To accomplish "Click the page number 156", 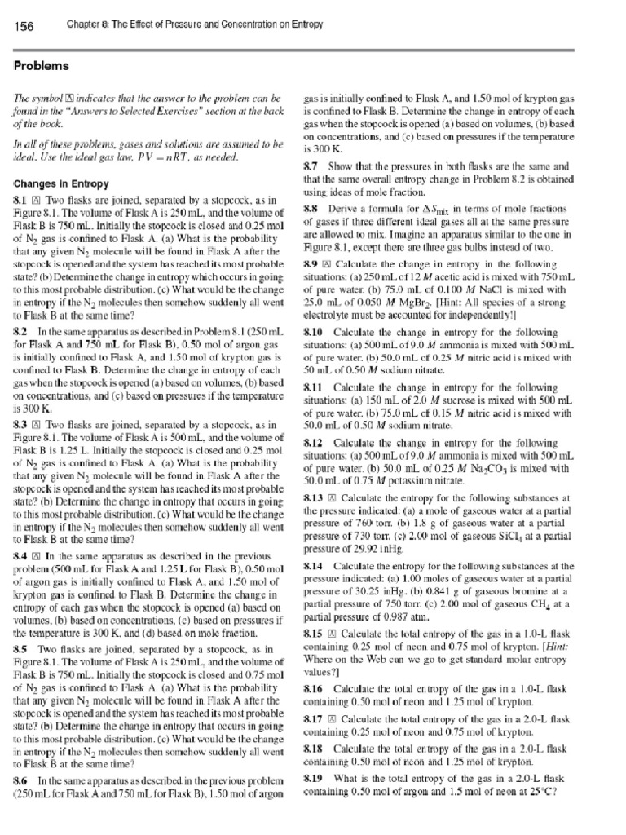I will [24, 27].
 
